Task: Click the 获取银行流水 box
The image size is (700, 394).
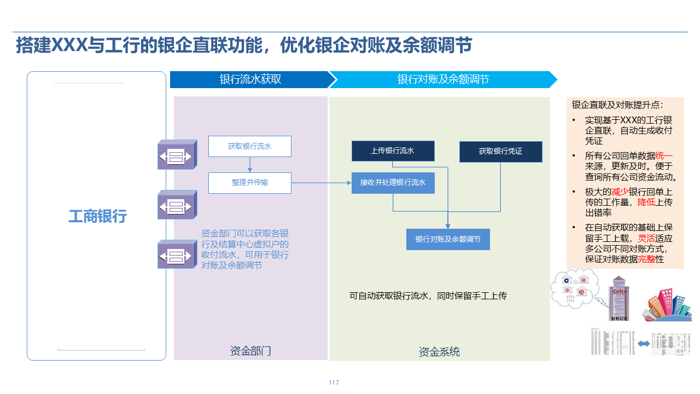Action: pyautogui.click(x=249, y=147)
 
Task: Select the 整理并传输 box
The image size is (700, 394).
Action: pyautogui.click(x=249, y=183)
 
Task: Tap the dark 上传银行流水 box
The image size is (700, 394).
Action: pyautogui.click(x=393, y=151)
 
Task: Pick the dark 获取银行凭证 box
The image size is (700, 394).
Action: pyautogui.click(x=500, y=152)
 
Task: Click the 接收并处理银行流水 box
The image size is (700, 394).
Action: pyautogui.click(x=393, y=183)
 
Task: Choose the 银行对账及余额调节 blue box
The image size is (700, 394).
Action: pyautogui.click(x=448, y=240)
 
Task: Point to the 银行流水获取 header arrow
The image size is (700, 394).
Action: pyautogui.click(x=250, y=79)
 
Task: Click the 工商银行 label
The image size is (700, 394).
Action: pyautogui.click(x=97, y=216)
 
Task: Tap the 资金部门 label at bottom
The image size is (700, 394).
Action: pyautogui.click(x=250, y=351)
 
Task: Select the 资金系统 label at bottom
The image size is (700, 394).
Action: pyautogui.click(x=439, y=352)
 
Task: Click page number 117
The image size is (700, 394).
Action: pyautogui.click(x=334, y=383)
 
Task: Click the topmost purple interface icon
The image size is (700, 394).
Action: pyautogui.click(x=177, y=155)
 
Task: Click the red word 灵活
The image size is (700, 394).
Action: pyautogui.click(x=647, y=239)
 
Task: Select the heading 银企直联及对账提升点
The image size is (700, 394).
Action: pyautogui.click(x=617, y=105)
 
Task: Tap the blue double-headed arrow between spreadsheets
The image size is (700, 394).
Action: pyautogui.click(x=643, y=344)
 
